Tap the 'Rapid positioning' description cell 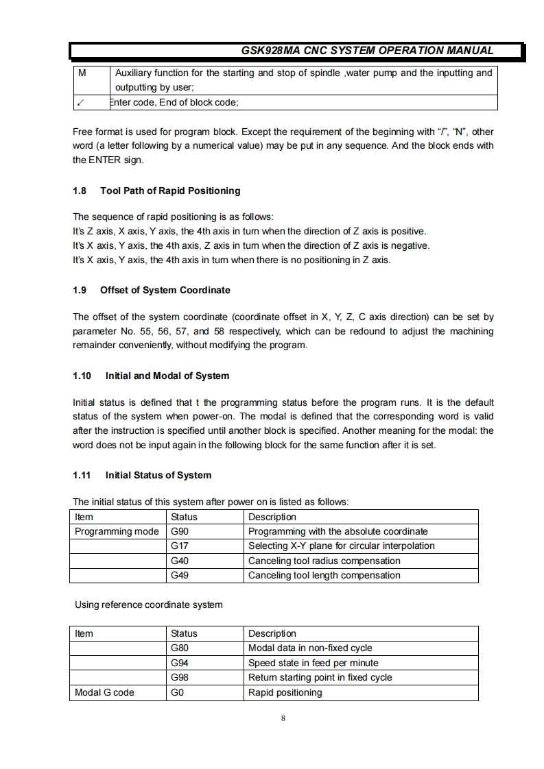pos(285,692)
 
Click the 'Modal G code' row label pos(104,692)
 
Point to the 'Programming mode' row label pos(117,532)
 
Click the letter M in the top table pos(82,73)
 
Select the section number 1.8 pos(80,191)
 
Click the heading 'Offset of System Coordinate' pos(165,290)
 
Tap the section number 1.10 pos(82,376)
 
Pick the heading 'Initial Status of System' pos(158,475)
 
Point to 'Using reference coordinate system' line pos(148,605)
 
